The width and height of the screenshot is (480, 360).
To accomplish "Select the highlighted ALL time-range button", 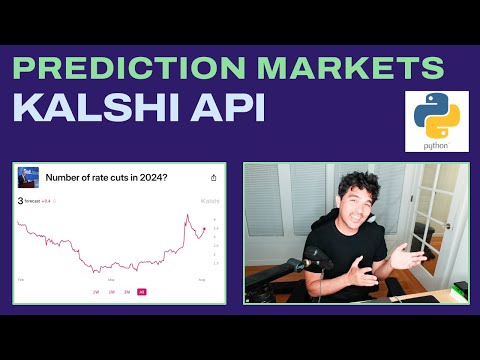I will [141, 292].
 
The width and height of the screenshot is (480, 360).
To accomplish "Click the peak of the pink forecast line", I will [186, 216].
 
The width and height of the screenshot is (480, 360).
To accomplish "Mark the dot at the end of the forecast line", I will [204, 229].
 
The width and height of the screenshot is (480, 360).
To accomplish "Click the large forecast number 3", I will [21, 201].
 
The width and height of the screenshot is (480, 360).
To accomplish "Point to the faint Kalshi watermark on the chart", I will [209, 202].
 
